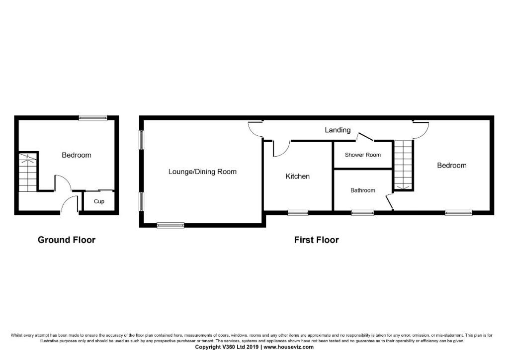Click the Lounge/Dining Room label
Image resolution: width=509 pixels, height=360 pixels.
202,172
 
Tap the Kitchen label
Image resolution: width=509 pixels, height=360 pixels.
298,177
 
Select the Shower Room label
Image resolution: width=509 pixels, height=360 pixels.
363,155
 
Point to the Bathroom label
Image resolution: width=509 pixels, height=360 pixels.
363,190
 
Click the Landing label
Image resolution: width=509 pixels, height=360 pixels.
338,130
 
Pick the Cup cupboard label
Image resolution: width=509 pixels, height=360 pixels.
99,201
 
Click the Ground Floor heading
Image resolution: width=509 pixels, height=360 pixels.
67,240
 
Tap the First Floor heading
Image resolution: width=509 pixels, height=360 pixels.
316,240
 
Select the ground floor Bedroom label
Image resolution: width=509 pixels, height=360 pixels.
77,155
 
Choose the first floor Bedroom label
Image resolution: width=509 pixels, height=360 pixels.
452,165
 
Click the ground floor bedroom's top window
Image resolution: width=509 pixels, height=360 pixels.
92,118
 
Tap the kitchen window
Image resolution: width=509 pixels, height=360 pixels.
298,213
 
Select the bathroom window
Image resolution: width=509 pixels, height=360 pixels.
362,213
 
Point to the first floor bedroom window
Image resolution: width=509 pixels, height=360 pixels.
458,213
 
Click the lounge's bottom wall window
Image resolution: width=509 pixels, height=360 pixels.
170,225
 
